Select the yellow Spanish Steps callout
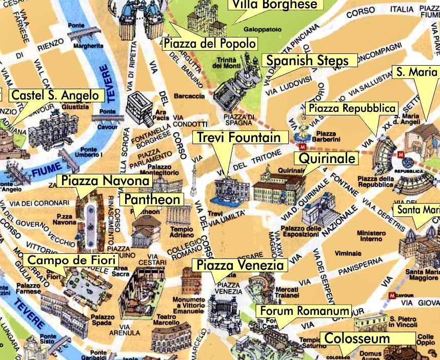click(x=306, y=60)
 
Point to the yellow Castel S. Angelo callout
click(x=56, y=95)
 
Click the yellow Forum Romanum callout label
click(x=305, y=311)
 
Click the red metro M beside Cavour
click(x=392, y=295)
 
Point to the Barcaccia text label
click(x=189, y=96)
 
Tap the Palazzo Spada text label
click(x=102, y=321)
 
